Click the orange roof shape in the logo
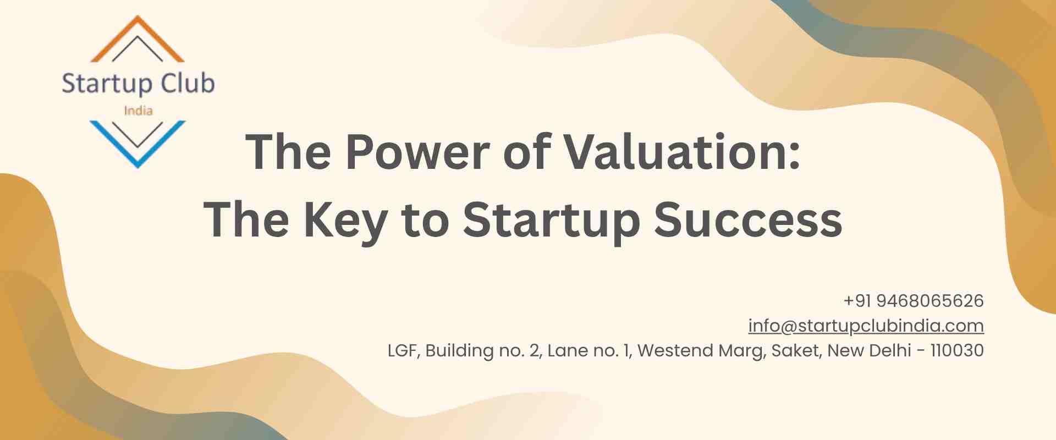tap(137, 25)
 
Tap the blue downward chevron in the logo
tap(137, 157)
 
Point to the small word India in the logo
tap(138, 111)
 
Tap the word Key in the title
tap(345, 220)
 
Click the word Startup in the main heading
tap(552, 220)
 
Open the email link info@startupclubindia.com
tap(866, 326)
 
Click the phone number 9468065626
tap(930, 301)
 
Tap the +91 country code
tap(857, 301)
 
